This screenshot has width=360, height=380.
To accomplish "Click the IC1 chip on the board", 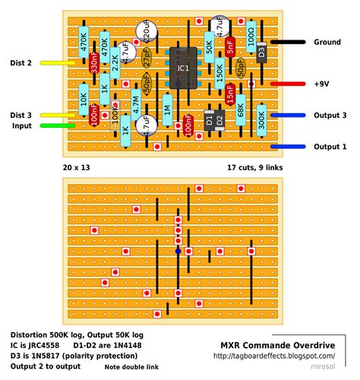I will pyautogui.click(x=182, y=68).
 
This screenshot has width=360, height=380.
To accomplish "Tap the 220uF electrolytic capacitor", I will pyautogui.click(x=147, y=31).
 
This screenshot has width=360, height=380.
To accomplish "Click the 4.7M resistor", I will pyautogui.click(x=136, y=104).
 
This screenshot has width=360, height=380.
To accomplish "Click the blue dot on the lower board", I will pyautogui.click(x=178, y=250).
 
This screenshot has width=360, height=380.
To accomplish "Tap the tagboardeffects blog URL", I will pyautogui.click(x=274, y=355).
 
